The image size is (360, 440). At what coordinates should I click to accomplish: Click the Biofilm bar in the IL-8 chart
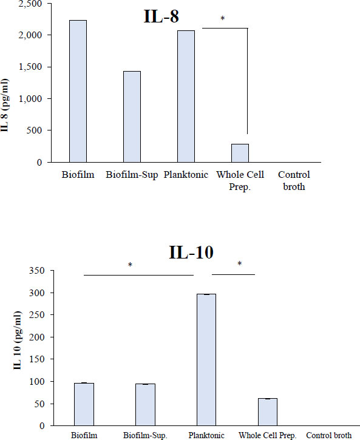click(x=78, y=91)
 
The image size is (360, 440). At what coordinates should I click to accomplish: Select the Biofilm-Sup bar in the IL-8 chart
click(x=132, y=117)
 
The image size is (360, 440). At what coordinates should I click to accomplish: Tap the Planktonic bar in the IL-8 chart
click(x=186, y=96)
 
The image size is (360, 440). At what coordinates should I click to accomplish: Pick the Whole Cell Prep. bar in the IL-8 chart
click(x=240, y=153)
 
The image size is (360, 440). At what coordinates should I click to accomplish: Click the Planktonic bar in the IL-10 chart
click(x=206, y=360)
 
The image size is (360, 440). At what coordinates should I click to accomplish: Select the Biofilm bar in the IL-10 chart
click(x=84, y=404)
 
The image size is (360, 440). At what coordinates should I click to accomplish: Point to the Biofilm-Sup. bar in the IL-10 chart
click(x=145, y=405)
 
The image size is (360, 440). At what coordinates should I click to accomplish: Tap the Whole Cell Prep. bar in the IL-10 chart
click(x=268, y=412)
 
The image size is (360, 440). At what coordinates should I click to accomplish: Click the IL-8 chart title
click(x=161, y=16)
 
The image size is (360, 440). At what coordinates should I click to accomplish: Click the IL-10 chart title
click(x=191, y=252)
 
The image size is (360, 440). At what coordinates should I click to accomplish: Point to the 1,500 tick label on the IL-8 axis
click(x=30, y=67)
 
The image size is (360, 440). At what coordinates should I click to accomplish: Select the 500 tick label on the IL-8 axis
click(x=34, y=130)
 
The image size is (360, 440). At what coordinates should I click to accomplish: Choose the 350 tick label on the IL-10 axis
click(x=37, y=271)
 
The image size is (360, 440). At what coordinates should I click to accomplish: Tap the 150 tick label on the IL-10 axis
click(x=37, y=359)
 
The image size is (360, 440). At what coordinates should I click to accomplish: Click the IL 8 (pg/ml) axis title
click(x=5, y=105)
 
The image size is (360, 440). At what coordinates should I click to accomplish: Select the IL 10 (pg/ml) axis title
click(x=18, y=340)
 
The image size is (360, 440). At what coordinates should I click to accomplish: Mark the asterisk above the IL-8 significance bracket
click(x=223, y=19)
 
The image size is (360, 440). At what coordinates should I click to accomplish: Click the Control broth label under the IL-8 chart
click(x=294, y=180)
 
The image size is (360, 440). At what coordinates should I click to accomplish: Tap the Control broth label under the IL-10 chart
click(x=328, y=435)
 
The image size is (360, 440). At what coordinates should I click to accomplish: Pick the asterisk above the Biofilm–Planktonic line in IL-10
click(x=130, y=265)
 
